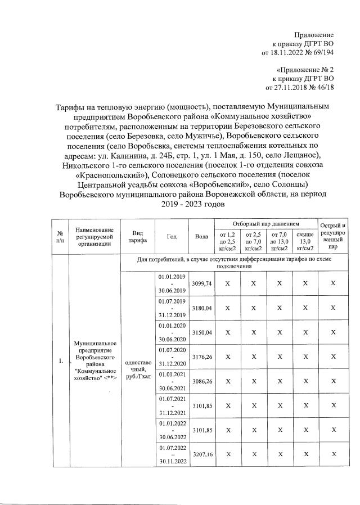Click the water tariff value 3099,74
pos(201,284)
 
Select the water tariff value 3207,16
pos(201,454)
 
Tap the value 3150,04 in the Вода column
pos(201,333)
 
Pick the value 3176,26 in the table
pos(201,357)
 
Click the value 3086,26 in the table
pos(201,381)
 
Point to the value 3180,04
pos(201,308)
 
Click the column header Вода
pos(201,236)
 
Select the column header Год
pos(172,236)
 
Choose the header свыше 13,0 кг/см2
pos(305,241)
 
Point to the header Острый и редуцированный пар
pos(333,236)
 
